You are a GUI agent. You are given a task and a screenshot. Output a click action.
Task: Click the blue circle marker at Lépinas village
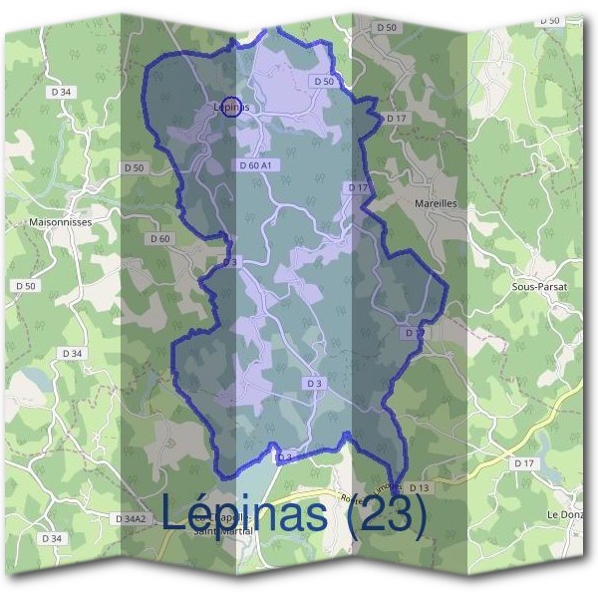[231, 108]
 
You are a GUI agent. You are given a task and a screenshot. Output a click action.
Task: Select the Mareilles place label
[435, 202]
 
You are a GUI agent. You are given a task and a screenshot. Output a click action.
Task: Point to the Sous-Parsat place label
[539, 286]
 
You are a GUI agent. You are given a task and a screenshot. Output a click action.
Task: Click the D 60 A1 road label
[255, 165]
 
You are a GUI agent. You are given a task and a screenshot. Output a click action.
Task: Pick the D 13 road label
[419, 487]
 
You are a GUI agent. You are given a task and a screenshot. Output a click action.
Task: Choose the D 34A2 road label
[131, 519]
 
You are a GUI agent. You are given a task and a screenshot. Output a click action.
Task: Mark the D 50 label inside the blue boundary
[322, 81]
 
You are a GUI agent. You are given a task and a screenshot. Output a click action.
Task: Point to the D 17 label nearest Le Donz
[524, 463]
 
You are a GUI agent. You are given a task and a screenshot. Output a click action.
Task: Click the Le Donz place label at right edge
[564, 513]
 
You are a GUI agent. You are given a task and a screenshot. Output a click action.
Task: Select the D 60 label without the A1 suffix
[159, 238]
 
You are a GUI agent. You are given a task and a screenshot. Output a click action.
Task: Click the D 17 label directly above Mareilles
[359, 187]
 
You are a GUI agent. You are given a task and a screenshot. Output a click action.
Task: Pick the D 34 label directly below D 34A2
[52, 538]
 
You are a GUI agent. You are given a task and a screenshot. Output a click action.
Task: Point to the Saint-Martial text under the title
[224, 531]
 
